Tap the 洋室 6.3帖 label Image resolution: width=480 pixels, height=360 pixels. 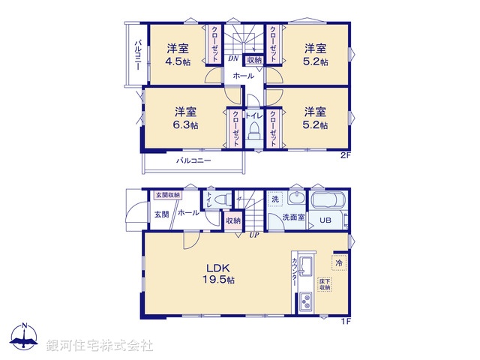click(x=183, y=118)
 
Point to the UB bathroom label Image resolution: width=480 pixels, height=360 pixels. click(x=325, y=220)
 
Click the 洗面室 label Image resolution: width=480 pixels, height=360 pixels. click(x=292, y=217)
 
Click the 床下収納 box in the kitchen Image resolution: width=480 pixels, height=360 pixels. click(x=325, y=284)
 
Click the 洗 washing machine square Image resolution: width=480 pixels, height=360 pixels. click(x=275, y=199)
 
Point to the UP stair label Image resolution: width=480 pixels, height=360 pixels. click(x=255, y=235)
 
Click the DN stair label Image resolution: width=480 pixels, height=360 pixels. click(x=233, y=57)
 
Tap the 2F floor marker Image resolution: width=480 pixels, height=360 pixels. click(x=346, y=155)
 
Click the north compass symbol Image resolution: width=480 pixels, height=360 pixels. click(x=24, y=339)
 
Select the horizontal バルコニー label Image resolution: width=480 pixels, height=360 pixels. click(x=193, y=160)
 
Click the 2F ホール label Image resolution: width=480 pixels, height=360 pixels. click(x=243, y=76)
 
